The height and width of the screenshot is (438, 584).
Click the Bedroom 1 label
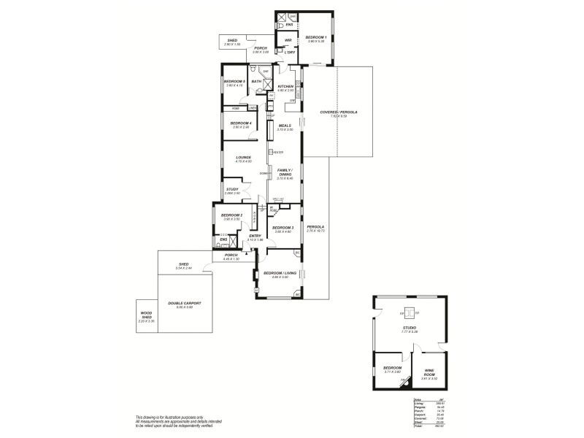(315, 36)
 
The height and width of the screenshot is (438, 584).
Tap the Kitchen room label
(285, 86)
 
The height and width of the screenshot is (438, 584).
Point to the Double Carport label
(184, 303)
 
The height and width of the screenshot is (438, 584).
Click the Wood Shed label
(146, 315)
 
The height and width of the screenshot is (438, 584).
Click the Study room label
(232, 189)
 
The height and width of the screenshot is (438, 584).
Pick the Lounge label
(244, 157)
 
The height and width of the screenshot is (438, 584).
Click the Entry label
(255, 236)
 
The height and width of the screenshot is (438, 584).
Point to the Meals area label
(285, 126)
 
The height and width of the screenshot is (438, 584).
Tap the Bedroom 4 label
(240, 123)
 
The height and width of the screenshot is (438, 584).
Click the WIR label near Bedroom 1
(288, 39)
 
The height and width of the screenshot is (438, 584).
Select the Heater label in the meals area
(278, 152)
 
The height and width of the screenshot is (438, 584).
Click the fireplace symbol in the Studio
(410, 312)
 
